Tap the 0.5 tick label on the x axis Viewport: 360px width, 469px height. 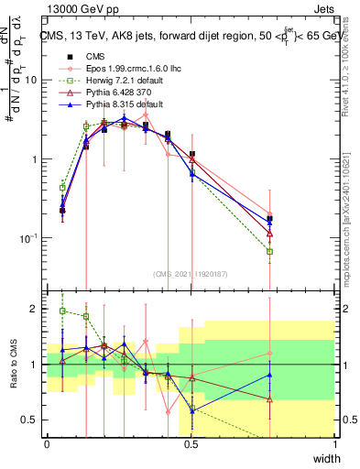pos(191,444)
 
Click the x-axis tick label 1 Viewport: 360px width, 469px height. pos(335,444)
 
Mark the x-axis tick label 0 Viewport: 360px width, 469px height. pos(47,444)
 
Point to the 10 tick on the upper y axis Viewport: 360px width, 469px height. pos(31,80)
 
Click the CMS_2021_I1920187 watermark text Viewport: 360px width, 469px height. pos(191,273)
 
